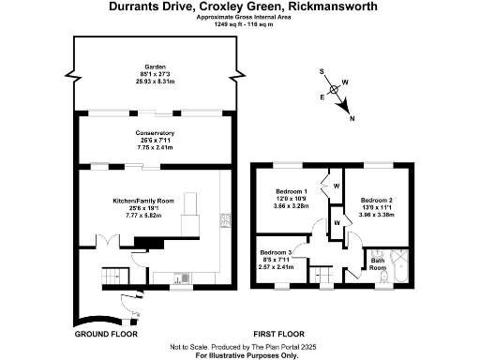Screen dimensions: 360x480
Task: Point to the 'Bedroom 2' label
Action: pos(375,200)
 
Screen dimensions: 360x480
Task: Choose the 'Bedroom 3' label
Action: pos(277,253)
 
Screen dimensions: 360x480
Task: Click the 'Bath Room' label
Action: pos(377,265)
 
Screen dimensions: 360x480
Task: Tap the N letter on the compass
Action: pos(352,119)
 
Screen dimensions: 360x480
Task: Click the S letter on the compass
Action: pos(321,72)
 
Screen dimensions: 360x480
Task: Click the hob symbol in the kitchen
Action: pos(225,220)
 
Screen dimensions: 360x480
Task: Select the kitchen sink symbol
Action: pos(180,277)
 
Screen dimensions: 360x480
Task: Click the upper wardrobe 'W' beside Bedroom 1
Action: pos(337,185)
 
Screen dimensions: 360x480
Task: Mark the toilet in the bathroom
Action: pos(375,254)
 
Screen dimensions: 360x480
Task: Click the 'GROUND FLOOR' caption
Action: pos(105,334)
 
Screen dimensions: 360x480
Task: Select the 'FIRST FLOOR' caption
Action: pos(279,334)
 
